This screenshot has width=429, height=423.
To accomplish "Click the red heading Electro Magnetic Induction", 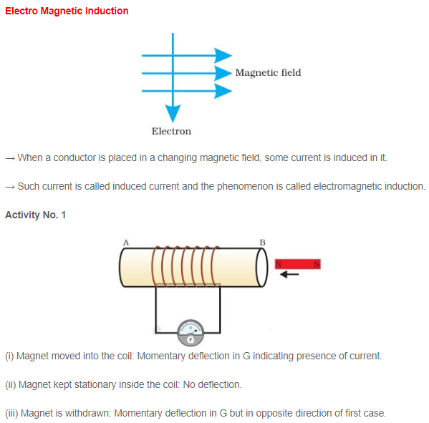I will tap(67, 11).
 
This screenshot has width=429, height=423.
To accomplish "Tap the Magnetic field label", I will tap(268, 72).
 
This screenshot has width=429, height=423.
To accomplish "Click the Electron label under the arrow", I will tap(171, 131).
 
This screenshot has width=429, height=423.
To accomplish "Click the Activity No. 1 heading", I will tap(35, 215).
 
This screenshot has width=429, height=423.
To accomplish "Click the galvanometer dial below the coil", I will tap(191, 330).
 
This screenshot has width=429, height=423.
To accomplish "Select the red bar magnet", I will tap(298, 264).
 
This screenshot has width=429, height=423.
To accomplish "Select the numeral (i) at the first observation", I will tap(9, 356).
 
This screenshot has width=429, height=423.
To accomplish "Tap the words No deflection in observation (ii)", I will tap(212, 384).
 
